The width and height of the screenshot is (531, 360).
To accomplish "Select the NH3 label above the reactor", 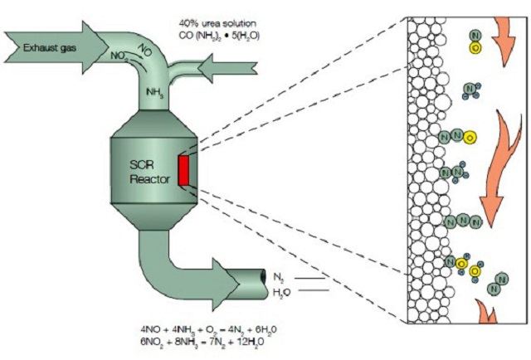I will point(155,92).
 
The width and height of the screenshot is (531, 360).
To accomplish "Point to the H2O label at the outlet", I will point(282,292).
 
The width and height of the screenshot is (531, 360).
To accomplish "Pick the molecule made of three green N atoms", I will point(460,221).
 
